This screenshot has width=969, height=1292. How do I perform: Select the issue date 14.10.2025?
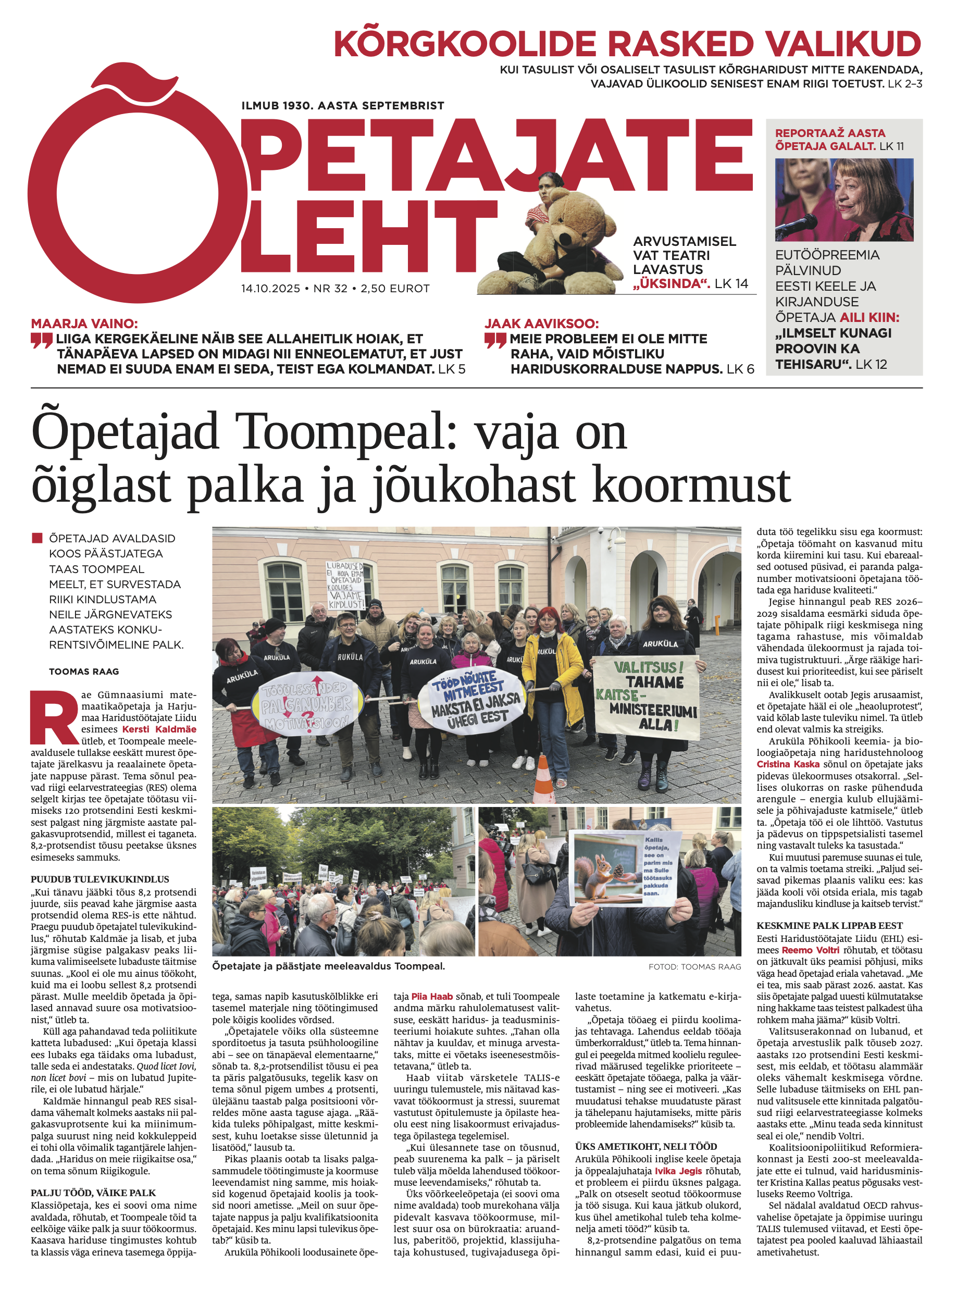tap(270, 289)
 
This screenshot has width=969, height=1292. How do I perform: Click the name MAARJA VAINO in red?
tap(84, 324)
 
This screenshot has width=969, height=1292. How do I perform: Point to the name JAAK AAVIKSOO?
tap(541, 324)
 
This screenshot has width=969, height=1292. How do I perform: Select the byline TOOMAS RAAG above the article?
tap(83, 672)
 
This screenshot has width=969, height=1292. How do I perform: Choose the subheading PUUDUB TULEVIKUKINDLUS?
tap(100, 879)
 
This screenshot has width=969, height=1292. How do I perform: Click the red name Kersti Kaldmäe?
tap(159, 729)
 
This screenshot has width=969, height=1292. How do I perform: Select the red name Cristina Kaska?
tap(788, 764)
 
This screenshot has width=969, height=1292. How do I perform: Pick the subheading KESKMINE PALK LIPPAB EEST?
tap(829, 926)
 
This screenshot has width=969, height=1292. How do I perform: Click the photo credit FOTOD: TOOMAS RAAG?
tap(694, 967)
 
